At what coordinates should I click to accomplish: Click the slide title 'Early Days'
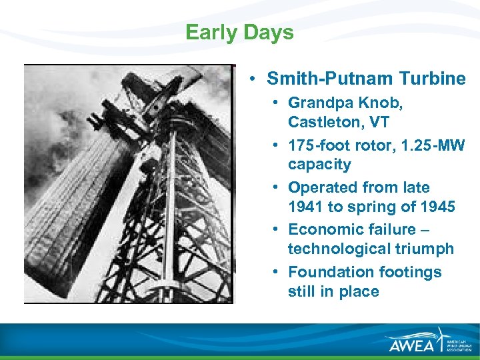[239, 33]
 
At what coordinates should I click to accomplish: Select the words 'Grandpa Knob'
[345, 103]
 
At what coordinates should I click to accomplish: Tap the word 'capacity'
[319, 164]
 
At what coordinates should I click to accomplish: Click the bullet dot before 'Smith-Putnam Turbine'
[255, 79]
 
